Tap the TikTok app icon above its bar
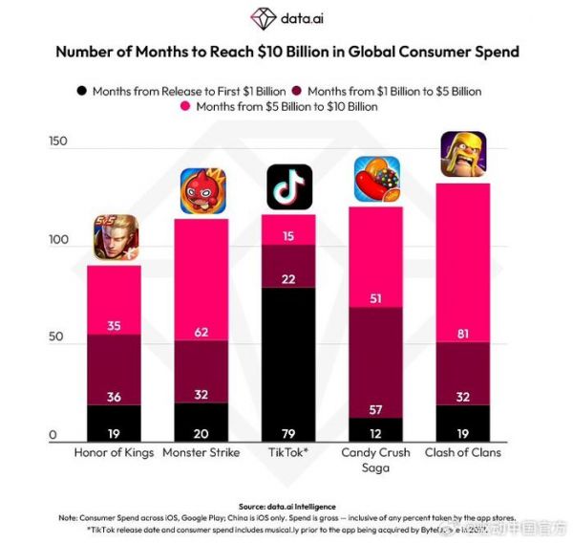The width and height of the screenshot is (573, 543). [x=288, y=187]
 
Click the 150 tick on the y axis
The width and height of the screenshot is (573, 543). [x=60, y=142]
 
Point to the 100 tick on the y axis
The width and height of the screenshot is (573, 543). [x=60, y=241]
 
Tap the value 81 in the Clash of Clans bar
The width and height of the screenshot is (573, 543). [x=463, y=333]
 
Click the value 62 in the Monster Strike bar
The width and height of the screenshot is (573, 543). [x=202, y=332]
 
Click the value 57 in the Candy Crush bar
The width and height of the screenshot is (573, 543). [x=376, y=410]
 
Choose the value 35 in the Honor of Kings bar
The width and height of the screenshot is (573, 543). [x=115, y=325]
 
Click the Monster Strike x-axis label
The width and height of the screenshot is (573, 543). [x=202, y=452]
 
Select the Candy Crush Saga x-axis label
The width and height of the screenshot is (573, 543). [x=376, y=460]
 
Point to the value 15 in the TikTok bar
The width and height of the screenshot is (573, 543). [x=288, y=235]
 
